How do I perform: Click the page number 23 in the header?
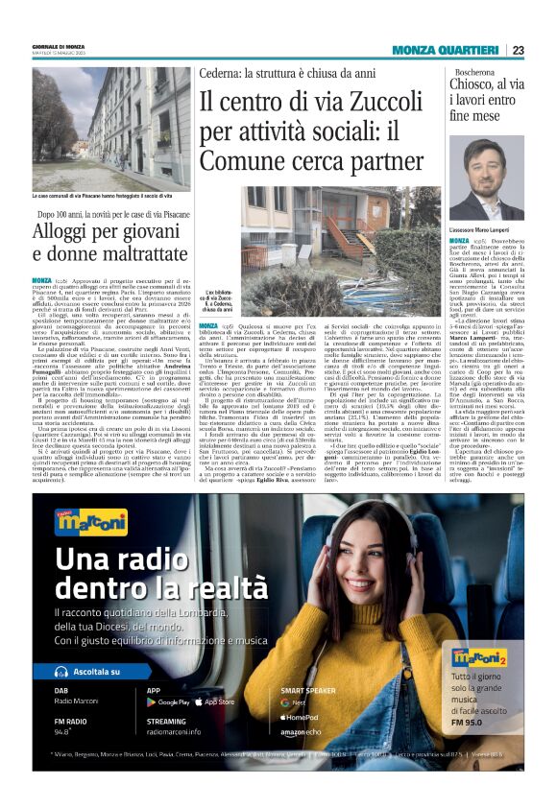click(x=518, y=50)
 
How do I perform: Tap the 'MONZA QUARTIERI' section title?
click(x=445, y=50)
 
